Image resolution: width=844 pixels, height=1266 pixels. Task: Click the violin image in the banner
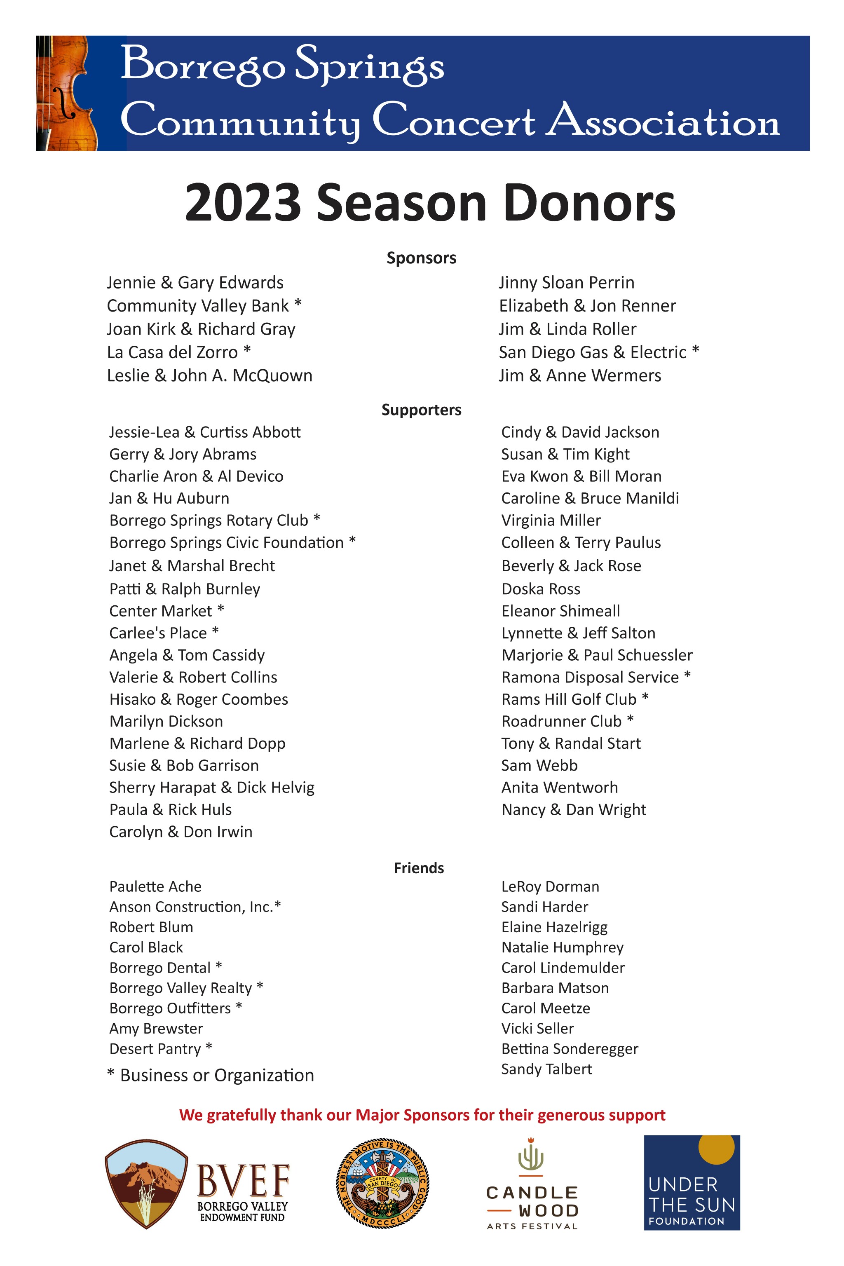click(67, 93)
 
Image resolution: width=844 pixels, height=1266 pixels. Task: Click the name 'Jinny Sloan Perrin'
click(566, 283)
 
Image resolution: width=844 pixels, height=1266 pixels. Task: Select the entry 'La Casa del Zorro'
click(172, 352)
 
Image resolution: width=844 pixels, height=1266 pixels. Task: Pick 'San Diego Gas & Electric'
click(592, 352)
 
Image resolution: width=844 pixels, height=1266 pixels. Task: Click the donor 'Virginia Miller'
click(551, 520)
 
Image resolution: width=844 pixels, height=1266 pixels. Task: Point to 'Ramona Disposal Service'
click(590, 677)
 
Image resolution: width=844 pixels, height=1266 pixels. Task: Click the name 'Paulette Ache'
click(155, 886)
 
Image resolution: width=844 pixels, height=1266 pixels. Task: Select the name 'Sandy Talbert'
click(546, 1069)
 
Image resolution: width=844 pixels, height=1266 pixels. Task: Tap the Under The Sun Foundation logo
click(692, 1183)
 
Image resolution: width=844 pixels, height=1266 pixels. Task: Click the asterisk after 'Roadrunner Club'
click(630, 719)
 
